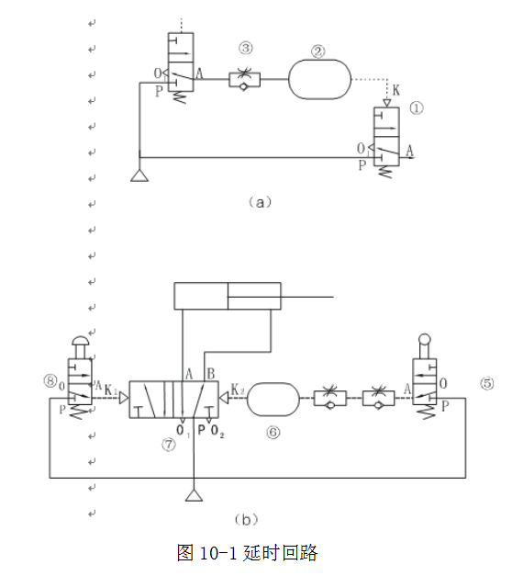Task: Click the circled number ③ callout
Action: point(246,48)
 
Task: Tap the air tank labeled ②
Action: point(319,79)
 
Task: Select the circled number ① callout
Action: point(417,108)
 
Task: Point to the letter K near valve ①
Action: point(395,90)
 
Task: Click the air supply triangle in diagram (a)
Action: point(139,175)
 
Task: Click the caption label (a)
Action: point(261,202)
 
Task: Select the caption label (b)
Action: point(246,519)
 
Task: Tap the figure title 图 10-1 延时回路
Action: point(247,553)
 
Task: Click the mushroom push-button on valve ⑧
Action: point(81,341)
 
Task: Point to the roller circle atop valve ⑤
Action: point(425,339)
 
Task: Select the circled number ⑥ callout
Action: point(273,433)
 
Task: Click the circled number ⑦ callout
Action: point(169,445)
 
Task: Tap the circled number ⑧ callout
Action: point(50,380)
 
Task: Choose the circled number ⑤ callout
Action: point(487,383)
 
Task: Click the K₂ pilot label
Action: point(238,390)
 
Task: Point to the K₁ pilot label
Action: point(111,390)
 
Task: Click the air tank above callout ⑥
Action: point(273,400)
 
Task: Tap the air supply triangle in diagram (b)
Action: point(195,495)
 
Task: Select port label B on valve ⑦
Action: point(211,374)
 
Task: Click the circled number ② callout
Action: point(317,51)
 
